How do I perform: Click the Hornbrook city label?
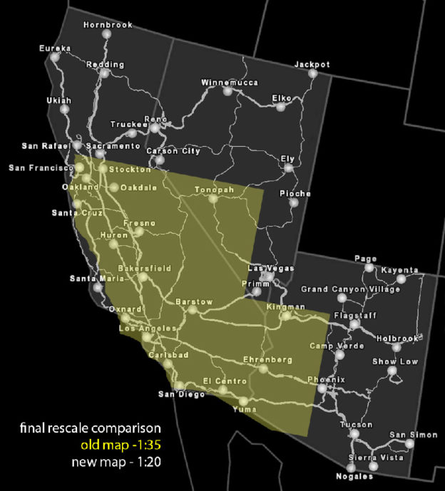click(108, 25)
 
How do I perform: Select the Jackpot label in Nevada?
click(312, 65)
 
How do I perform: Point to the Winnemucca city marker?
click(227, 91)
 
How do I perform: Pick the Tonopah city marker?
click(212, 200)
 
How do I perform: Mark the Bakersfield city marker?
click(143, 277)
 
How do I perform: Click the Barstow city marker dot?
click(193, 310)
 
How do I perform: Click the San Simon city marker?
click(409, 443)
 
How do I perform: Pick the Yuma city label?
click(242, 410)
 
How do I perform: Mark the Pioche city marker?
click(293, 203)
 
